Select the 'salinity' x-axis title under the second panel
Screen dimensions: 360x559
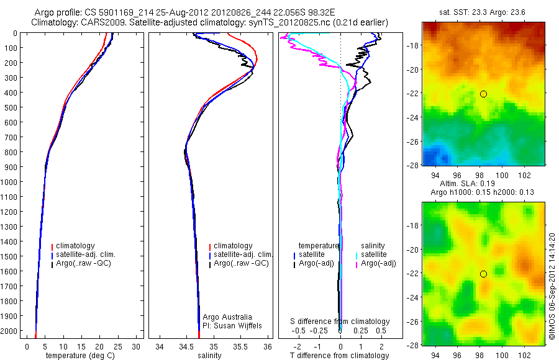tap(209, 356)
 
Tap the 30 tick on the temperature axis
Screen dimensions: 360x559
tap(137, 346)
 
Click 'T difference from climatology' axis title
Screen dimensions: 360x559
tap(340, 356)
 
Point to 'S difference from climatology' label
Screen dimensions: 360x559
tap(340, 322)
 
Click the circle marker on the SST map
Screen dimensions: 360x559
tap(483, 94)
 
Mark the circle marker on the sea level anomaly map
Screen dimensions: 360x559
tap(483, 274)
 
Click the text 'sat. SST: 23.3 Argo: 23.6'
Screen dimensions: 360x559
tap(483, 12)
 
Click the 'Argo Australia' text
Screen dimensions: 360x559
tap(227, 317)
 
